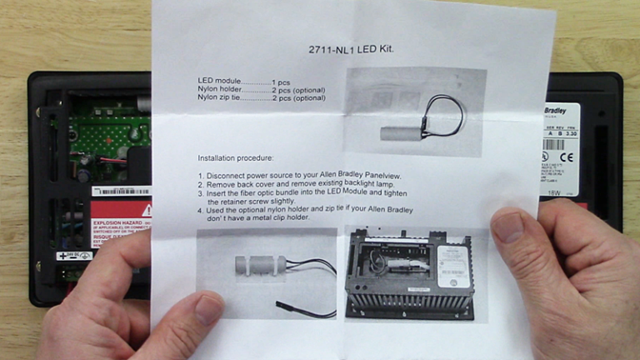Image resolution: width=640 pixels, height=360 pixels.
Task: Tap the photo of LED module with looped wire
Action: (x=414, y=111)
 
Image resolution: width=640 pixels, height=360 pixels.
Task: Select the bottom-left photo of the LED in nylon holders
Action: (x=267, y=272)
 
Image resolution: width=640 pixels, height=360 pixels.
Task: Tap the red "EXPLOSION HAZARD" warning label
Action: (x=121, y=222)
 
